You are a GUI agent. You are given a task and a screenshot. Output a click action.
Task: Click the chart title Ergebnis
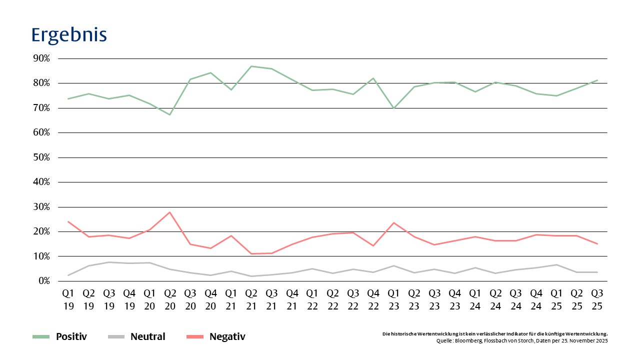tap(69, 35)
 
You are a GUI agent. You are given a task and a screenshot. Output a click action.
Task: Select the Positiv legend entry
tap(71, 337)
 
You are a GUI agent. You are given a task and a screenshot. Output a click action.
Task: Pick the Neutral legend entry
tap(147, 337)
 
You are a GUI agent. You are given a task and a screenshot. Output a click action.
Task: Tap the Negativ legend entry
tap(227, 337)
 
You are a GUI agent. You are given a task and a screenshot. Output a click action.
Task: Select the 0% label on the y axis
tap(43, 281)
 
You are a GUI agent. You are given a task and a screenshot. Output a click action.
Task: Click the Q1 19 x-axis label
tap(68, 299)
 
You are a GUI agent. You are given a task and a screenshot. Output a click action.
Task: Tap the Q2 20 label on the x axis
tap(170, 299)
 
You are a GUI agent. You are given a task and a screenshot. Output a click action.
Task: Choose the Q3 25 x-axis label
tap(597, 299)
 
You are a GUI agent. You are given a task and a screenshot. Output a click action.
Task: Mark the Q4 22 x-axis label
tap(373, 299)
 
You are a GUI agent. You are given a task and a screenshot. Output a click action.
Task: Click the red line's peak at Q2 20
tap(170, 212)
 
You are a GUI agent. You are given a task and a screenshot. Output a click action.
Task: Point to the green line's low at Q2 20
tap(170, 114)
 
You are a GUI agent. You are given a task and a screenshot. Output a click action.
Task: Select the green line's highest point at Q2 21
tap(251, 66)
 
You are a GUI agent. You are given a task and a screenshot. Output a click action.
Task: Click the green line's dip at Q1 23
tap(393, 108)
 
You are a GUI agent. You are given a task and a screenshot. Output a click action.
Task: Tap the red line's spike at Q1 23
tap(393, 222)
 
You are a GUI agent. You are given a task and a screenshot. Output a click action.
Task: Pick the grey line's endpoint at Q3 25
tap(597, 272)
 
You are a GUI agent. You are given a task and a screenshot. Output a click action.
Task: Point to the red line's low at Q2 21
tap(251, 253)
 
